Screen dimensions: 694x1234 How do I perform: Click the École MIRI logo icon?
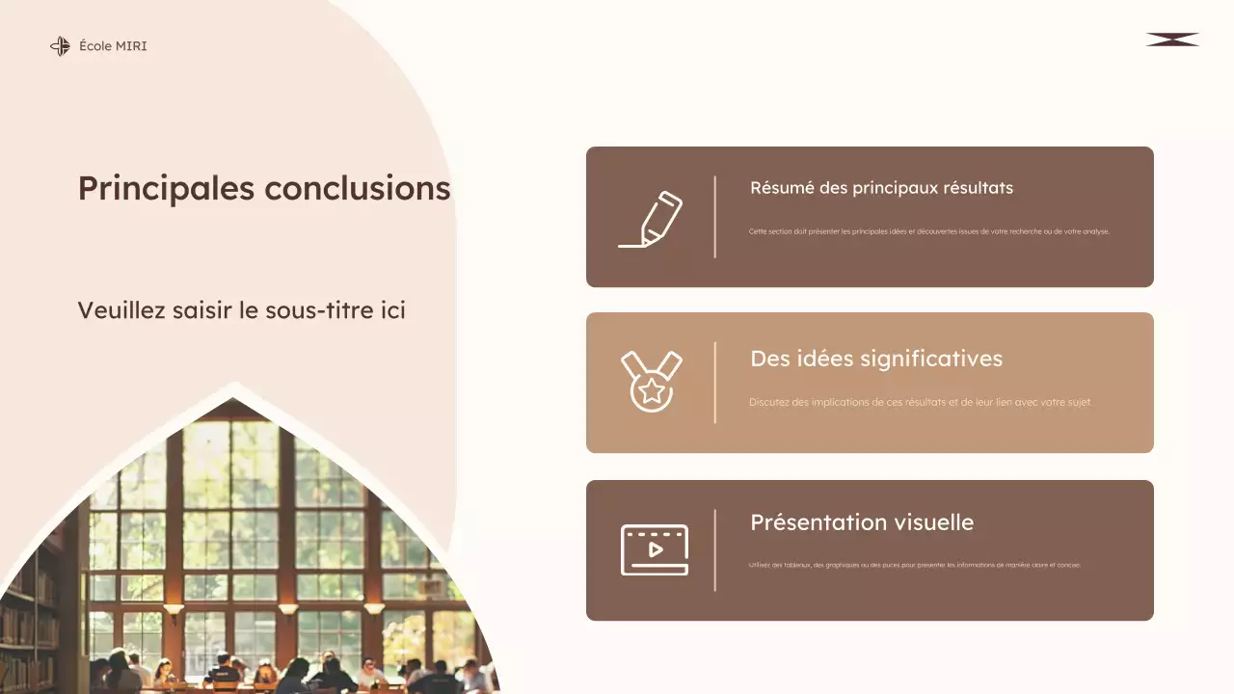pos(60,46)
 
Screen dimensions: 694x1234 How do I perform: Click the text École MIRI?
pos(113,46)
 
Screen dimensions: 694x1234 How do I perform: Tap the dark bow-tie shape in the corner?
pos(1172,40)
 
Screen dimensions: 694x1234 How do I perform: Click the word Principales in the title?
pos(167,188)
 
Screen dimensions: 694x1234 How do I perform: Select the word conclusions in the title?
pos(358,188)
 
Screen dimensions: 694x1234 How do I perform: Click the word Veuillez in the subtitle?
pos(116,311)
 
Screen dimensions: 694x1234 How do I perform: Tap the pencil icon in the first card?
pos(652,219)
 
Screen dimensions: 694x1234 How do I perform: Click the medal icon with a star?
pos(652,382)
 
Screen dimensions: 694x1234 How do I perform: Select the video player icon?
pos(654,549)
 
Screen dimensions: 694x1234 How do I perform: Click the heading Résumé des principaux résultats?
pos(881,188)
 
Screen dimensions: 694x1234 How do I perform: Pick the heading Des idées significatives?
pos(875,359)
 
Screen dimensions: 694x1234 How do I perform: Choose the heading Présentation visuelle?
pos(861,522)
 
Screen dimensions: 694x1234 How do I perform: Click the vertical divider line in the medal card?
pos(714,383)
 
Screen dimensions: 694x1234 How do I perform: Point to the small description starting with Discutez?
pos(920,402)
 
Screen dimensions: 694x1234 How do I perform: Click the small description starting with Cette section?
pos(928,231)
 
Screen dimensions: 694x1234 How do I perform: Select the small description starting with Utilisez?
pos(914,565)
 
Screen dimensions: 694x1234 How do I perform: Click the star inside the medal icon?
pos(652,390)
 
